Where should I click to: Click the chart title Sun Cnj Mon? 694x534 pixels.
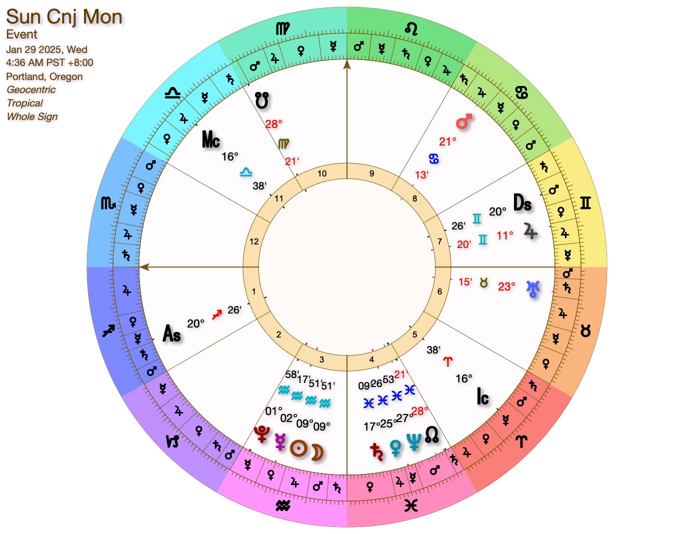click(x=64, y=17)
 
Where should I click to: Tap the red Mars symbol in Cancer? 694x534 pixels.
click(x=464, y=121)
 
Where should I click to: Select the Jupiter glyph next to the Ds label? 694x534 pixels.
click(x=530, y=231)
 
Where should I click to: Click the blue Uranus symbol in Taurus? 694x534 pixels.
click(x=533, y=288)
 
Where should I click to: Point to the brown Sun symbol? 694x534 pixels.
click(x=298, y=448)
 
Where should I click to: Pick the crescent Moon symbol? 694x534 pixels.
click(x=317, y=452)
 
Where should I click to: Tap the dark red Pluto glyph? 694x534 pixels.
click(x=261, y=434)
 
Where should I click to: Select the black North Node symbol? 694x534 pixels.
click(x=432, y=434)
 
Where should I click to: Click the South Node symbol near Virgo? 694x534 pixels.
click(x=261, y=101)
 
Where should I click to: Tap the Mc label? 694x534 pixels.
click(x=211, y=140)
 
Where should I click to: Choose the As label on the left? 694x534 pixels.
click(x=171, y=333)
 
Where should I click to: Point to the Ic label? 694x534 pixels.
click(x=482, y=397)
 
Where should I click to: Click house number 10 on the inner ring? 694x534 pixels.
click(x=322, y=173)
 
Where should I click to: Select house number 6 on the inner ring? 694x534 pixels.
click(x=439, y=291)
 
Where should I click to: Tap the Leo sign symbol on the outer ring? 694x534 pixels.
click(x=411, y=28)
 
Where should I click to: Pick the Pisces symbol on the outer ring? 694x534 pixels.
click(x=411, y=505)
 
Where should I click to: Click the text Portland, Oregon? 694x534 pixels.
click(x=44, y=76)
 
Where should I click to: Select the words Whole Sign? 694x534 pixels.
click(x=32, y=116)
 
